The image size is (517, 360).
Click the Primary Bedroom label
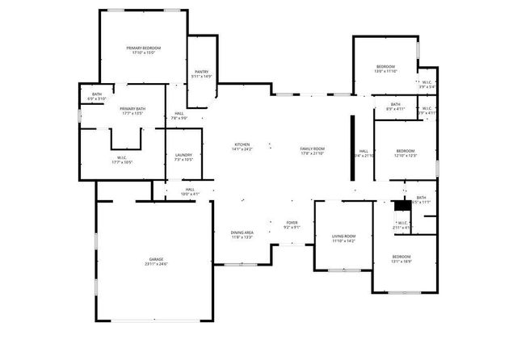(143, 48)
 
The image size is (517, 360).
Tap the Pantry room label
(202, 72)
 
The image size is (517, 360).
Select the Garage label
(155, 259)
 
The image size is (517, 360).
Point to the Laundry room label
(183, 155)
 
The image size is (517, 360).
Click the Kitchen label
(242, 144)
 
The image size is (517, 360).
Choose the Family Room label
(312, 149)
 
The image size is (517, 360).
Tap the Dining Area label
(242, 232)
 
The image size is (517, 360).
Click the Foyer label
(292, 223)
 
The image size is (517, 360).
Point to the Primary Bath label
(132, 109)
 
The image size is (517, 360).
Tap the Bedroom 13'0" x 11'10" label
(385, 66)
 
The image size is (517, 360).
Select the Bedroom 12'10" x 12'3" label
(406, 151)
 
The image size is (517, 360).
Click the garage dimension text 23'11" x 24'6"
(155, 264)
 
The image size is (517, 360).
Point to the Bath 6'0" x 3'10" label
(97, 95)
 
